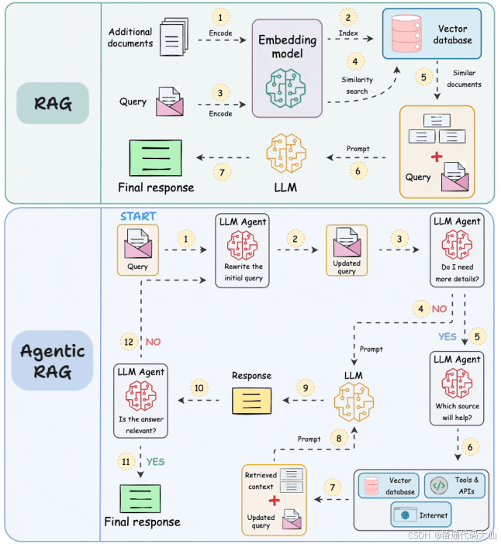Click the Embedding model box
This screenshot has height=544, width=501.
tap(287, 68)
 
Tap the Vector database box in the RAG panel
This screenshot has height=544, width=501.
tap(432, 33)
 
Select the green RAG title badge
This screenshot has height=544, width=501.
tap(53, 103)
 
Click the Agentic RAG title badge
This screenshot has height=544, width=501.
tap(53, 360)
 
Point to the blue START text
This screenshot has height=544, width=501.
tap(138, 216)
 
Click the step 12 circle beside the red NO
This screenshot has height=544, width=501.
tap(129, 342)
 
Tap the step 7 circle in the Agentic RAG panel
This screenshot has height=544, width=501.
tap(333, 487)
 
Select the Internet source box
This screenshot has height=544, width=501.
tap(421, 515)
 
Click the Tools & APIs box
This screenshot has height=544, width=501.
tap(454, 485)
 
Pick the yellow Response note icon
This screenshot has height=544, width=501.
tap(252, 401)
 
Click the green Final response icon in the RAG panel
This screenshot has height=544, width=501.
tap(156, 158)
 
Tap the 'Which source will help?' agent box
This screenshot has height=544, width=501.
tap(457, 388)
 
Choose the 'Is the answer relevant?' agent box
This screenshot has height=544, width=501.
tap(140, 401)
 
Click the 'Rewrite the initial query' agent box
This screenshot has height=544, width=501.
tap(242, 250)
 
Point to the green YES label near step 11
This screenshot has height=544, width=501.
tap(155, 462)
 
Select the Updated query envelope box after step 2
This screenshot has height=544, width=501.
tap(347, 250)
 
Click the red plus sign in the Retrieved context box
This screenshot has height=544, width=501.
tap(275, 501)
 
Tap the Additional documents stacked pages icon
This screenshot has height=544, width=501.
tap(174, 36)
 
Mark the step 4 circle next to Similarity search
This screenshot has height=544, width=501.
tap(355, 62)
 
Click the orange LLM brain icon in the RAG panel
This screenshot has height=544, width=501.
tap(286, 153)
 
